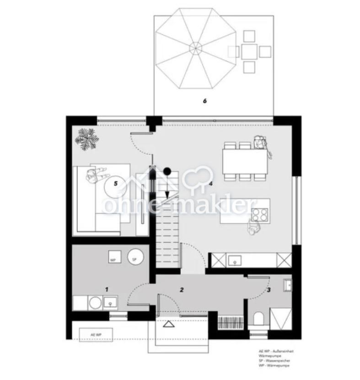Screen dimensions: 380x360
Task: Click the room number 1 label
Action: tap(107, 289)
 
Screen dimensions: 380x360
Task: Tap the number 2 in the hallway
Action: tap(182, 289)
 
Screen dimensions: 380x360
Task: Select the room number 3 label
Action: tap(269, 289)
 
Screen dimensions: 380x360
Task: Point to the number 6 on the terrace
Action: tap(205, 101)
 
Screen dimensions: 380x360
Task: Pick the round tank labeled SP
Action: tap(134, 256)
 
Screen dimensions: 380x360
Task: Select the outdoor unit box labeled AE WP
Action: tap(96, 335)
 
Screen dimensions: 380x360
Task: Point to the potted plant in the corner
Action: tap(86, 139)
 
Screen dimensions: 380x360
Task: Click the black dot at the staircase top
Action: tap(167, 172)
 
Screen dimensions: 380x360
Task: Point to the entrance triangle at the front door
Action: tap(169, 326)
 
